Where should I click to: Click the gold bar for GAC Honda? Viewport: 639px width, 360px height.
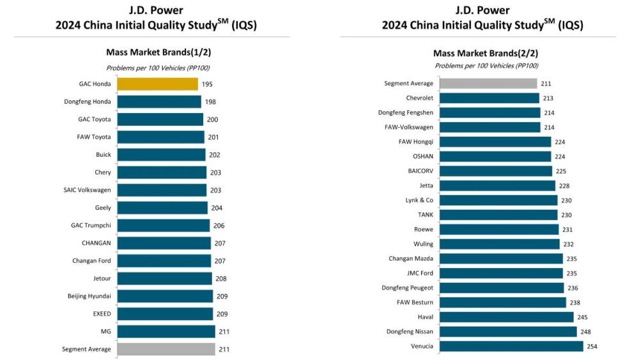(157, 84)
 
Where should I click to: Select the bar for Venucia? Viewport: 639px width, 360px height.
(511, 346)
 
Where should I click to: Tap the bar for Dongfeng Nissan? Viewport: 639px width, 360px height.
(509, 331)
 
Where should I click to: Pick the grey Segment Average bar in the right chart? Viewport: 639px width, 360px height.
(488, 83)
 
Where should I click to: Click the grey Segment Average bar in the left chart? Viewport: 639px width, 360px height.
(166, 349)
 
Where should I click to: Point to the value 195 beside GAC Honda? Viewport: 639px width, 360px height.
(207, 84)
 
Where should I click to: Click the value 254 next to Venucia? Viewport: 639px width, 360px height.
(592, 346)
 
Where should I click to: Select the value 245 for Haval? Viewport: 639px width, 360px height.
(581, 317)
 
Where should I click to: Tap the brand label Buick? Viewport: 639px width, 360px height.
(104, 155)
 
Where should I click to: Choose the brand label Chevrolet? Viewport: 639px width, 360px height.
(419, 98)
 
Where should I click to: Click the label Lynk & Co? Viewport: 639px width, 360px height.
(419, 200)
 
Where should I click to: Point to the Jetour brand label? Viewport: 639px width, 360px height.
(102, 278)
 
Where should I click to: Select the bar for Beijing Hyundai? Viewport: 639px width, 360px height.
(165, 296)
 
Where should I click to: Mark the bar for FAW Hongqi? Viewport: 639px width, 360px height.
(495, 142)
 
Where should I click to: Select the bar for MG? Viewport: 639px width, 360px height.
(166, 331)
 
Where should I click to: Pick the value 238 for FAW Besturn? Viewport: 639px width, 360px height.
(574, 302)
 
